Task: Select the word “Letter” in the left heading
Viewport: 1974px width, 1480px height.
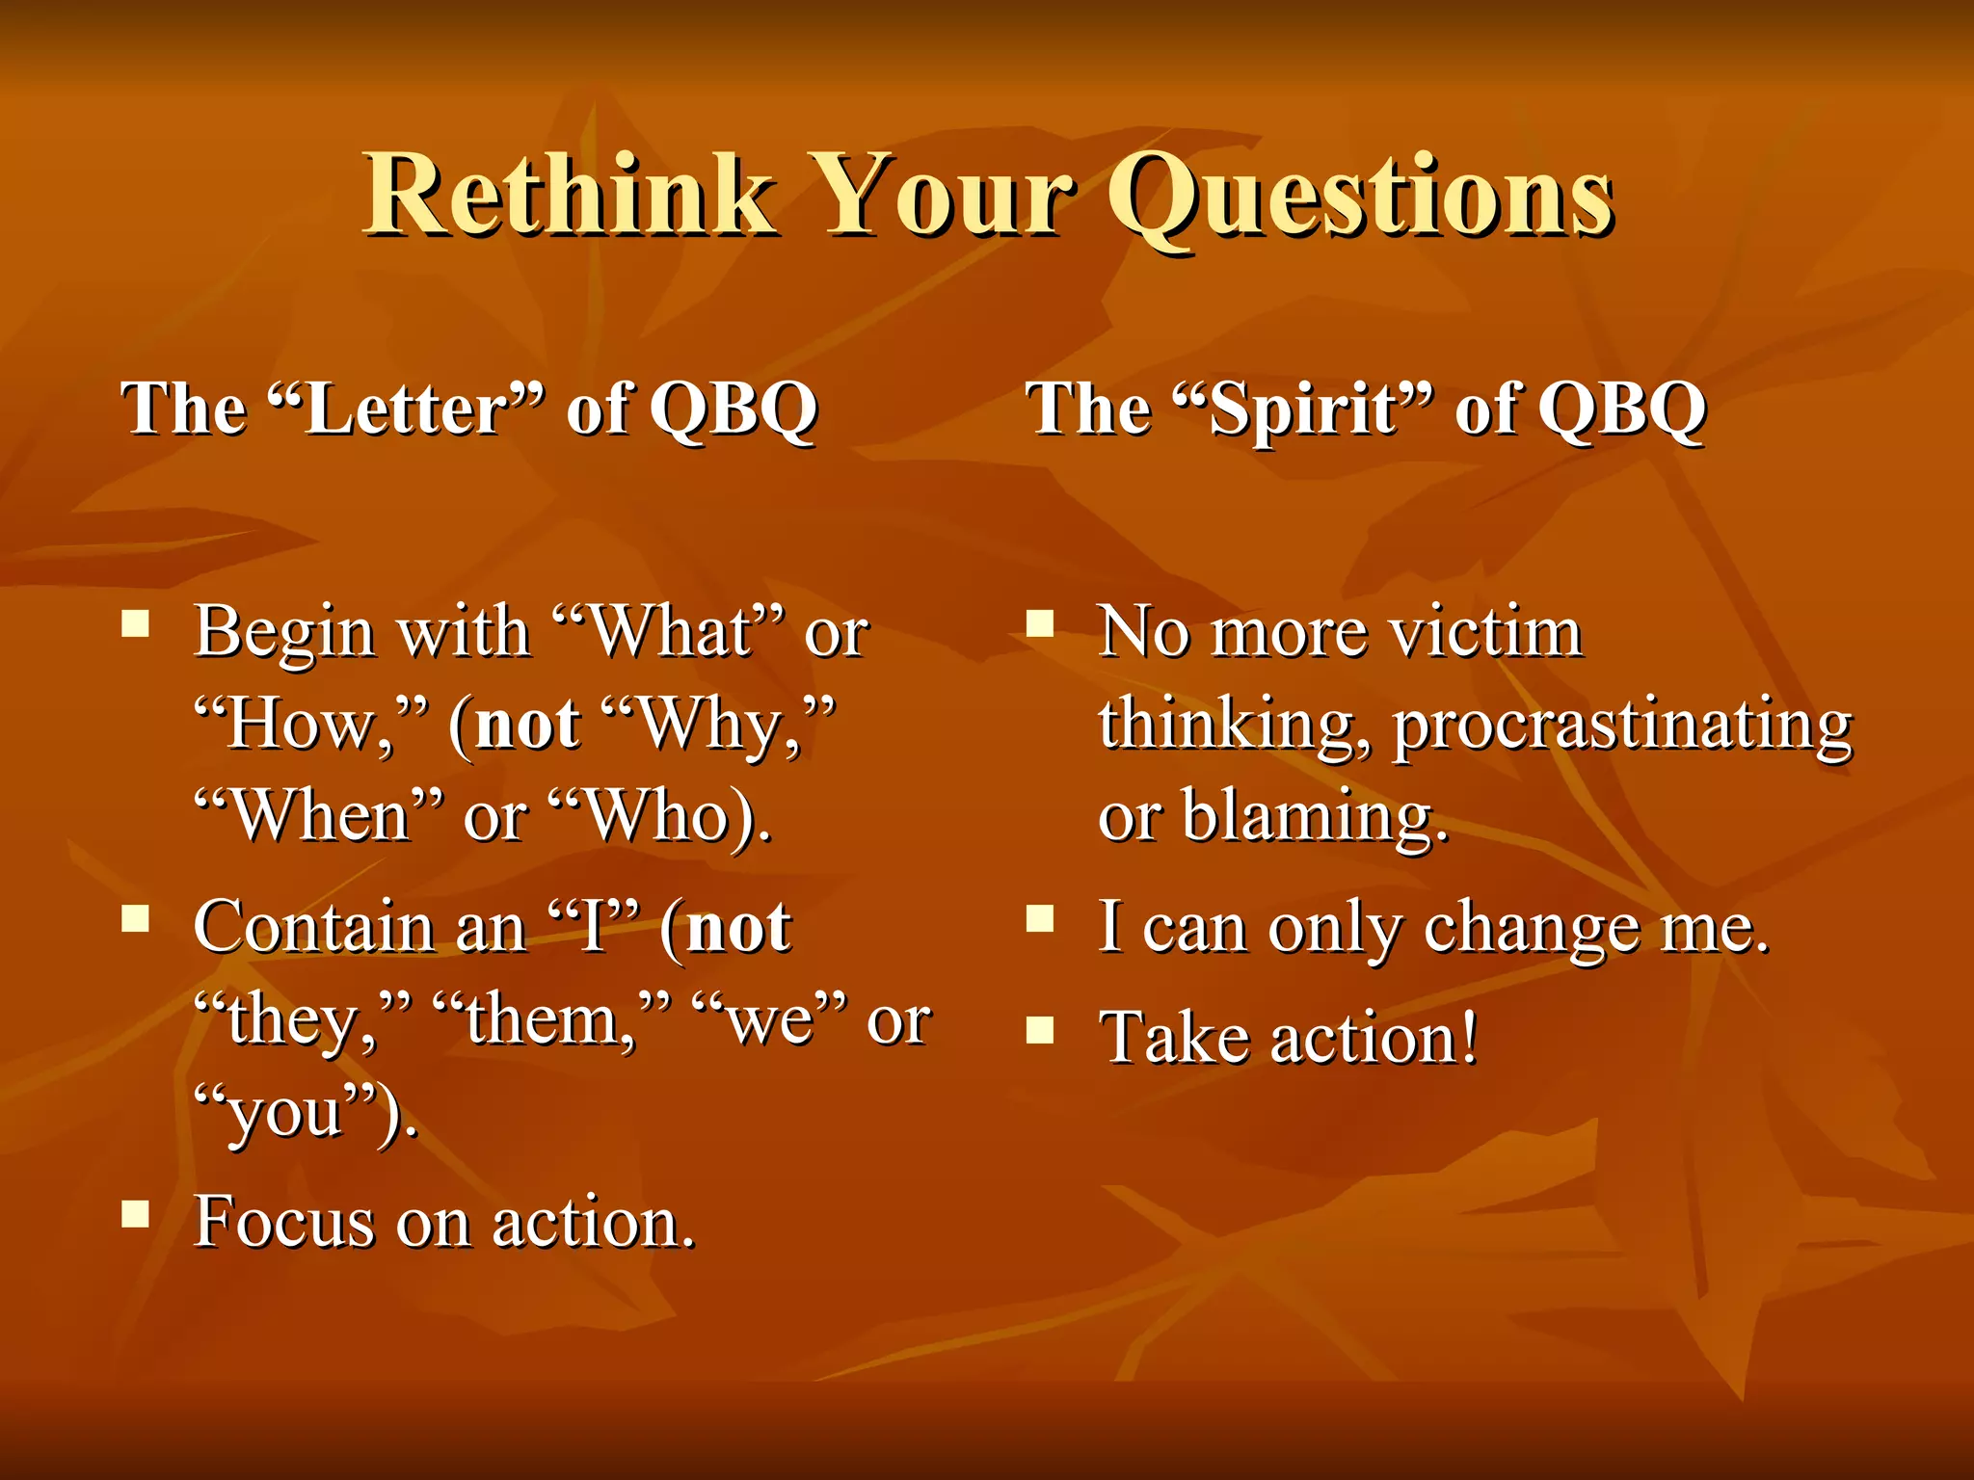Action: [x=406, y=409]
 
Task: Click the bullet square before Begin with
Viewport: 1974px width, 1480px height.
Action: [x=136, y=625]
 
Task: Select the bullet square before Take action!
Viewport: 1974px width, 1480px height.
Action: [x=1039, y=1031]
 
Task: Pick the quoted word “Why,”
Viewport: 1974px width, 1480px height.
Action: [x=717, y=725]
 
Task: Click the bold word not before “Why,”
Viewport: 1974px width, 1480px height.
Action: [x=528, y=725]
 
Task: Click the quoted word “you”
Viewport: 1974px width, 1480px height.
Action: [x=289, y=1114]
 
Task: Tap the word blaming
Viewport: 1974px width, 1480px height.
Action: [x=1315, y=817]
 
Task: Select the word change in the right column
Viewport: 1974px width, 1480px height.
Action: [x=1533, y=929]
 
